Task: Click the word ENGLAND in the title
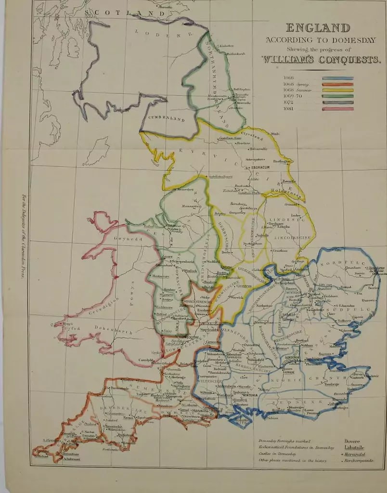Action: tap(318, 28)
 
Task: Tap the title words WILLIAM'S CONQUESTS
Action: tap(321, 60)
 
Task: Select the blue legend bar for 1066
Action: tap(337, 78)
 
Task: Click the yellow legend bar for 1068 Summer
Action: tap(337, 90)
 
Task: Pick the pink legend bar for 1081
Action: tap(337, 109)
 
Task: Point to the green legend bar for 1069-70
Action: tap(337, 96)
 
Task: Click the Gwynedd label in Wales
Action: tap(126, 238)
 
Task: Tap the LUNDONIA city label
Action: tap(293, 357)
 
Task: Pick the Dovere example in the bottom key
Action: tap(352, 441)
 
